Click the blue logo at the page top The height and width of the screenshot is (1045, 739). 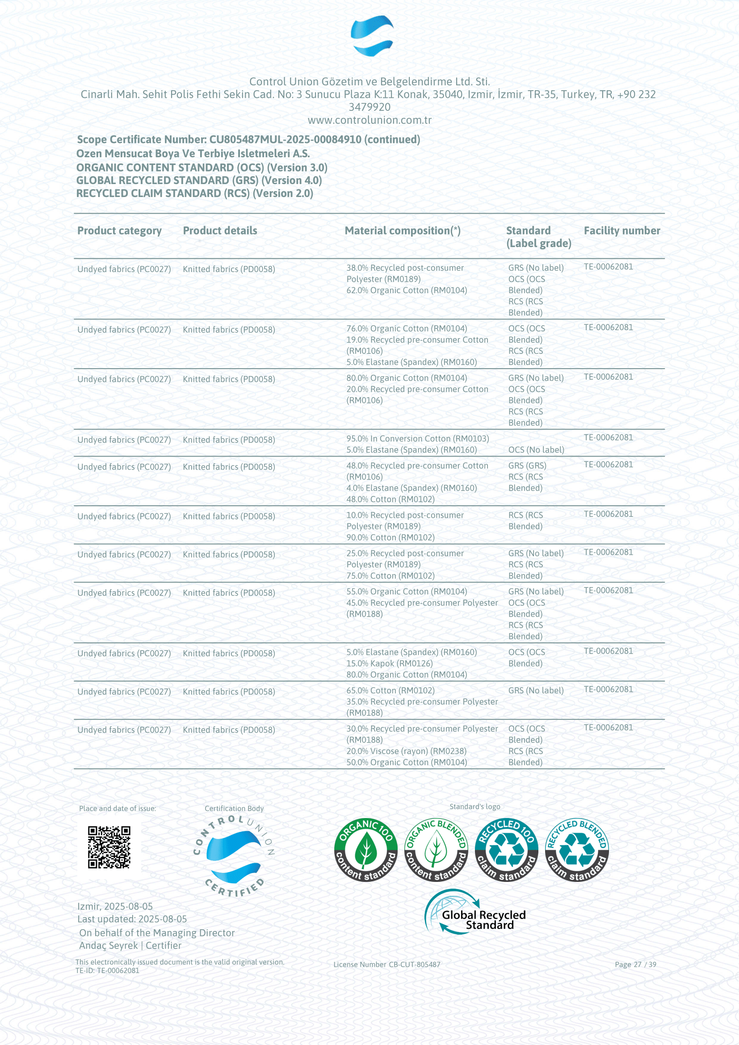point(372,35)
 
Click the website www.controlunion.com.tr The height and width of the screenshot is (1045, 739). point(369,120)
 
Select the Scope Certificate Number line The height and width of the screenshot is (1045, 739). point(248,139)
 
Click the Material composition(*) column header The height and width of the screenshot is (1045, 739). point(402,231)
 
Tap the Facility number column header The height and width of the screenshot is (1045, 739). point(621,231)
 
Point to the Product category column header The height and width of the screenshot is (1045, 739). point(119,231)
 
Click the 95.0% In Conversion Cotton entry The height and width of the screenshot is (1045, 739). point(417,438)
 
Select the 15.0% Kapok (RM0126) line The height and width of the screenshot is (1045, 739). point(389,663)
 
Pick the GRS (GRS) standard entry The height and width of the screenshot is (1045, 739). point(527,465)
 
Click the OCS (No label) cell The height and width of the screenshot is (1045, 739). point(536,450)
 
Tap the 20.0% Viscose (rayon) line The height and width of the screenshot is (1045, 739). point(406,751)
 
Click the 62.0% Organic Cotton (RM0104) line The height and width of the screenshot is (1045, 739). point(406,290)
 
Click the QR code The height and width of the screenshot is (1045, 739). point(109,847)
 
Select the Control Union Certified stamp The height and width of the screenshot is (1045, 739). point(234,856)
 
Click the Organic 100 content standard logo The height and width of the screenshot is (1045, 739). point(365,849)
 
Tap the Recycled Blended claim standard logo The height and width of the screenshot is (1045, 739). point(576,849)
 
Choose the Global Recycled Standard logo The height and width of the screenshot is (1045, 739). point(475,912)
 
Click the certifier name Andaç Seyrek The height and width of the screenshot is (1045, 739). point(108,945)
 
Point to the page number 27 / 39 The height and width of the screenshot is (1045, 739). point(635,964)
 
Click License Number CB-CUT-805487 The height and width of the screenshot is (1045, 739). point(386,964)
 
